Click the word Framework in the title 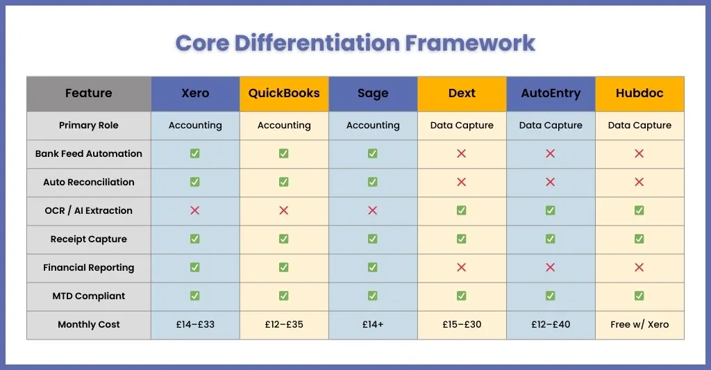[x=470, y=43]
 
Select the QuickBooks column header [x=284, y=94]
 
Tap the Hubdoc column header [x=639, y=94]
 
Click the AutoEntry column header [x=551, y=94]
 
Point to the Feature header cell [x=88, y=94]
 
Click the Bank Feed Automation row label [x=88, y=153]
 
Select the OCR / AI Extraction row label [x=88, y=210]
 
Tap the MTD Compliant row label [x=88, y=296]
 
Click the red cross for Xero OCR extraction [x=195, y=210]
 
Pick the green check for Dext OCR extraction [x=462, y=210]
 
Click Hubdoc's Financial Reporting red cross [x=639, y=267]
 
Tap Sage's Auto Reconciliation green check [x=373, y=182]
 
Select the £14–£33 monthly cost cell [x=195, y=325]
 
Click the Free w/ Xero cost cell [x=639, y=325]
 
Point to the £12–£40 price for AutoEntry [x=551, y=325]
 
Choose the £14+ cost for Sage [x=373, y=325]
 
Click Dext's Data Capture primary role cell [x=462, y=126]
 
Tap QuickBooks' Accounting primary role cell [x=284, y=126]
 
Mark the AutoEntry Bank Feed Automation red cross [x=551, y=153]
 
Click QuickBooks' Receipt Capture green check [x=284, y=239]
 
